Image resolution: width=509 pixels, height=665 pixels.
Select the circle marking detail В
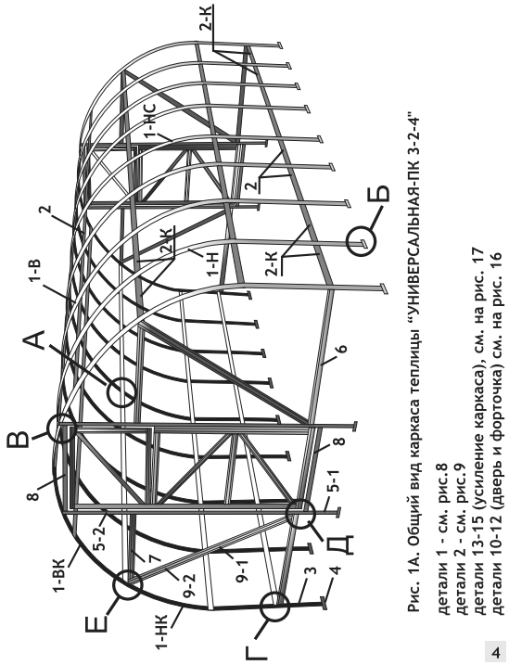(60, 428)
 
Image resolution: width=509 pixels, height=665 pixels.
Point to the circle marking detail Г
(274, 607)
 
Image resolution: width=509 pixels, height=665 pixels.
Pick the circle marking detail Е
(127, 585)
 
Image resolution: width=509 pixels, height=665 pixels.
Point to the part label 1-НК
(163, 631)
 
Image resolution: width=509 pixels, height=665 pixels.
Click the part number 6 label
(342, 350)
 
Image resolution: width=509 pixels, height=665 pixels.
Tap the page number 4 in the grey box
(495, 651)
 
